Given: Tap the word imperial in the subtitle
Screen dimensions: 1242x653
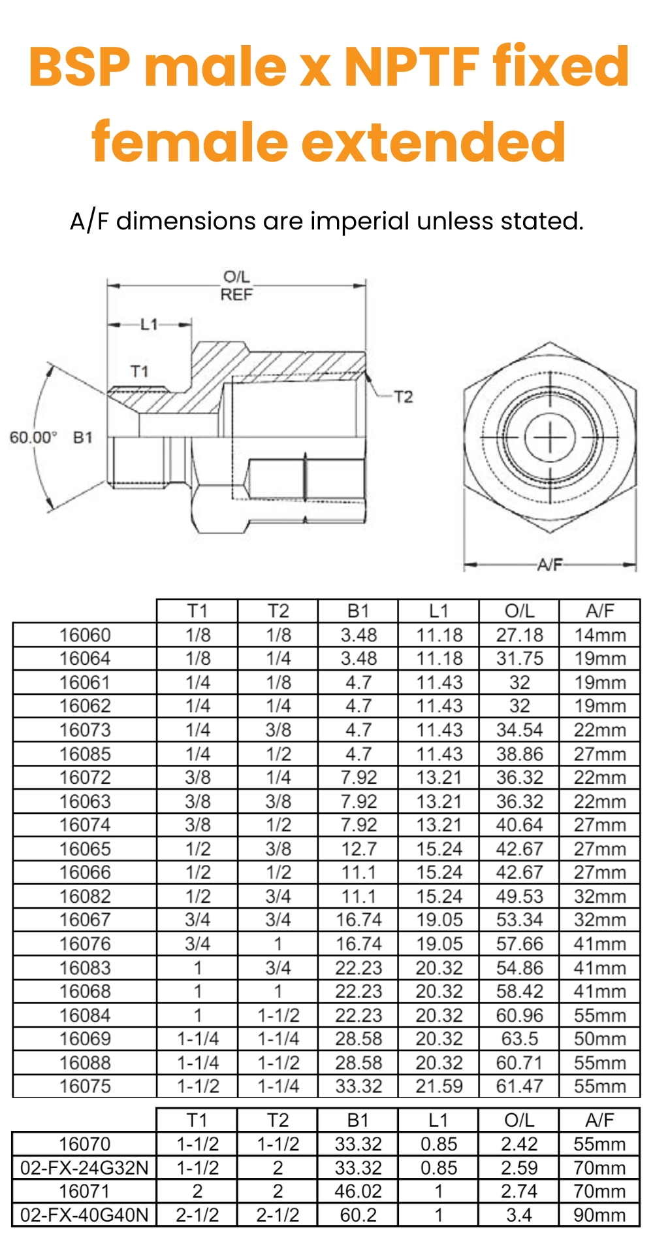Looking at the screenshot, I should [x=359, y=221].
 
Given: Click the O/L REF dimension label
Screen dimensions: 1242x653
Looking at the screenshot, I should [x=236, y=286].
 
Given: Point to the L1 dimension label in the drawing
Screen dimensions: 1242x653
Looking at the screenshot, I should [x=150, y=324].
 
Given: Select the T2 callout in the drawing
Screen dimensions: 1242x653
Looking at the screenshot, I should [x=403, y=397].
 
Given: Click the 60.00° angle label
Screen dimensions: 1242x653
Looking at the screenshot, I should [x=33, y=437].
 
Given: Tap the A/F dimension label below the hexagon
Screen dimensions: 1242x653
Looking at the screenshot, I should [x=549, y=565].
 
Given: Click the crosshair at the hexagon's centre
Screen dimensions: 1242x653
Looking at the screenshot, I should [x=550, y=437].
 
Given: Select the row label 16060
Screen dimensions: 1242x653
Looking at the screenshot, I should [x=85, y=635].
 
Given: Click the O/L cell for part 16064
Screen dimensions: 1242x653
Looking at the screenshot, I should [x=519, y=658].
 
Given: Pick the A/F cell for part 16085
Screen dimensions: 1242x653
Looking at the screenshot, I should [x=599, y=754].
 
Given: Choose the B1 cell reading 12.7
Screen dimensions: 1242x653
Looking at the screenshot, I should [x=358, y=848].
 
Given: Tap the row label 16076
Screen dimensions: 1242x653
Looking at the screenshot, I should [x=85, y=944].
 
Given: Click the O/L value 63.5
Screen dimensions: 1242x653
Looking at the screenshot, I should [x=519, y=1039].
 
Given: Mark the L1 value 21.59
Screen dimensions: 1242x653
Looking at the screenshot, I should [x=439, y=1086].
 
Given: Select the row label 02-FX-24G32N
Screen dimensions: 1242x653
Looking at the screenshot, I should [x=85, y=1167].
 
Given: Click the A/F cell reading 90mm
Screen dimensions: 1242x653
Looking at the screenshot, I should [x=599, y=1215].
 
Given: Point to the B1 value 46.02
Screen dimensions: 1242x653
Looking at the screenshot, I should [x=358, y=1191].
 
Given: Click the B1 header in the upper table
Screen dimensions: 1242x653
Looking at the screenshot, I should [x=358, y=611].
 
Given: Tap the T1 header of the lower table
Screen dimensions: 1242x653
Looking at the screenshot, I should [x=197, y=1120].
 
